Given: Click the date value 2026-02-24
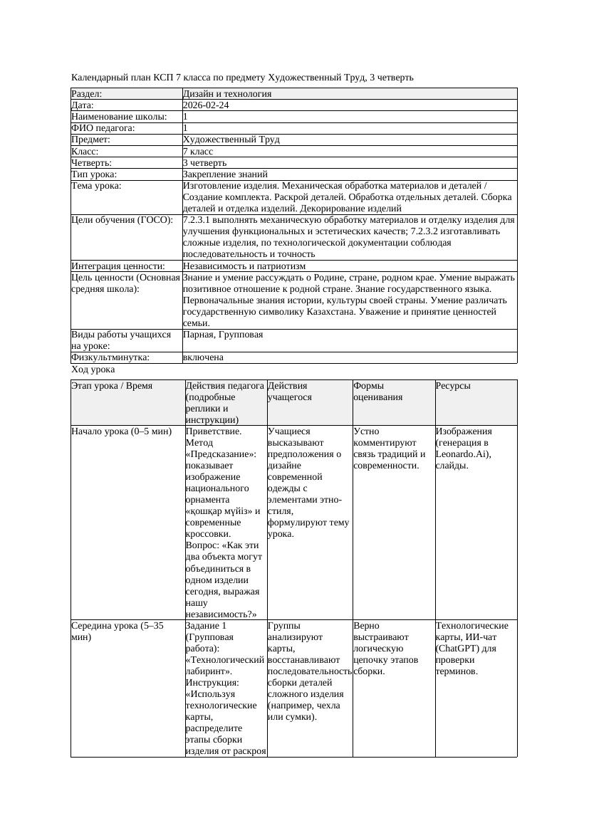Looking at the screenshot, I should click(x=206, y=105).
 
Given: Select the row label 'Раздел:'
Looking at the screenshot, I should click(x=87, y=93).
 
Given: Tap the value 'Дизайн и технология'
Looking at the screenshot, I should click(x=227, y=93).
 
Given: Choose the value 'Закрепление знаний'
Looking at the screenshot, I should click(x=225, y=174).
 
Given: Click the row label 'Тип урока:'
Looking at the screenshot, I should click(x=94, y=174).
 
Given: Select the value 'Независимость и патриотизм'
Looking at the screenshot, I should click(x=244, y=266).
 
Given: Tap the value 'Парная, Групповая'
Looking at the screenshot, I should click(x=223, y=334).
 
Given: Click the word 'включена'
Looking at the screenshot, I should click(x=203, y=357).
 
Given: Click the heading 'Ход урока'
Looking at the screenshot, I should click(x=93, y=370).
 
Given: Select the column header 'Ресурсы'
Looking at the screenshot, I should click(x=453, y=386).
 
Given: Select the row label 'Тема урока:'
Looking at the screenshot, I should click(x=96, y=186).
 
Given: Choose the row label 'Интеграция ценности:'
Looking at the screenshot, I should click(x=118, y=266).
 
